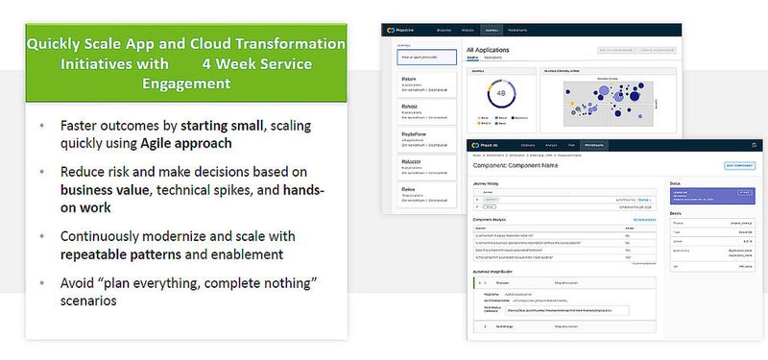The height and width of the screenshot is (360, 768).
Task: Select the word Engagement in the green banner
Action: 186,84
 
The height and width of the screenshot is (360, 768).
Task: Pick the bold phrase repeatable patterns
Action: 119,255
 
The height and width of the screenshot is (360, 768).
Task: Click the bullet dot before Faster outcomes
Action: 41,126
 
